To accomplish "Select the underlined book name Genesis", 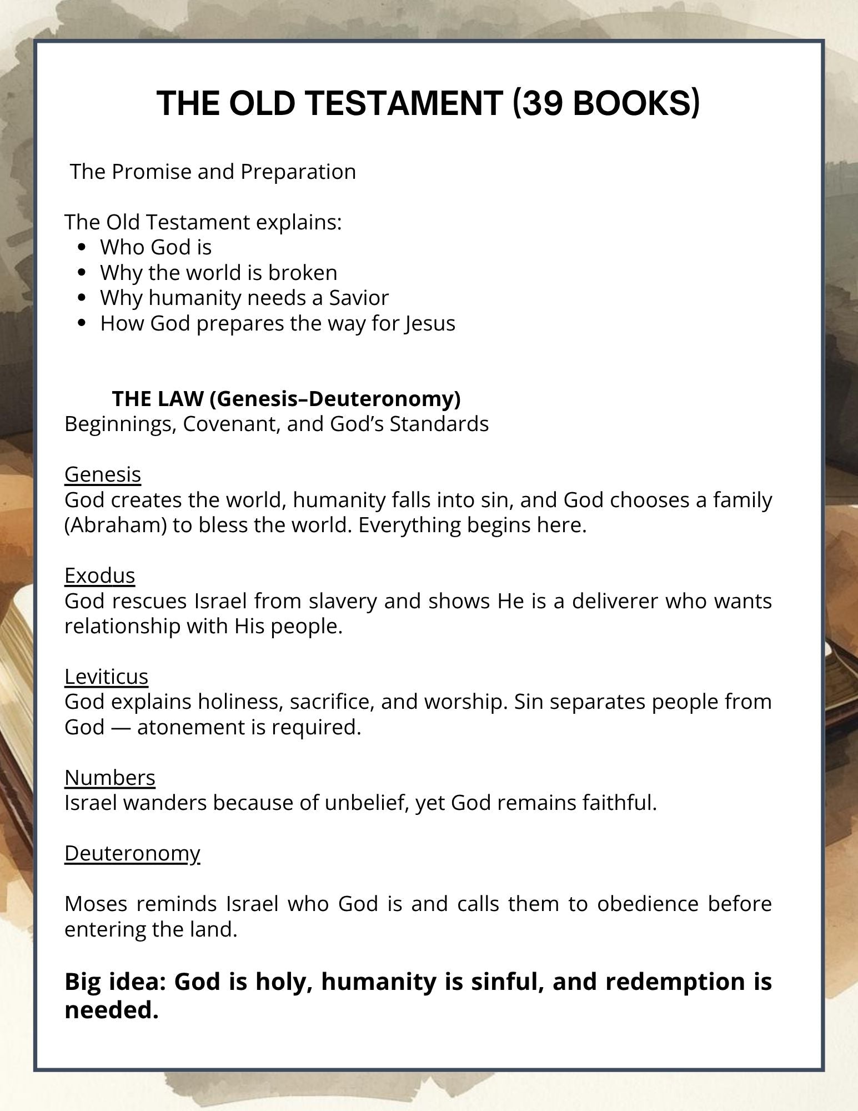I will click(x=103, y=474).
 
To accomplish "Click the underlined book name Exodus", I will click(x=100, y=575).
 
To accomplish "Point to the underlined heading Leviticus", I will click(x=107, y=677).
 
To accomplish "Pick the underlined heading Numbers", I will click(x=110, y=778).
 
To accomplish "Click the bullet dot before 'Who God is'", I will click(x=83, y=247).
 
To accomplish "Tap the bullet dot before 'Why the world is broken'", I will click(x=83, y=273).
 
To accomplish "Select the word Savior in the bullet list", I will click(x=359, y=298).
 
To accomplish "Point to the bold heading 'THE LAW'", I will click(x=157, y=398).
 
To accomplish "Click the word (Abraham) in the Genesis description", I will click(x=116, y=525).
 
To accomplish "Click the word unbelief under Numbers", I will click(x=367, y=803).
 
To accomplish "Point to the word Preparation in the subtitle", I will click(x=298, y=172).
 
